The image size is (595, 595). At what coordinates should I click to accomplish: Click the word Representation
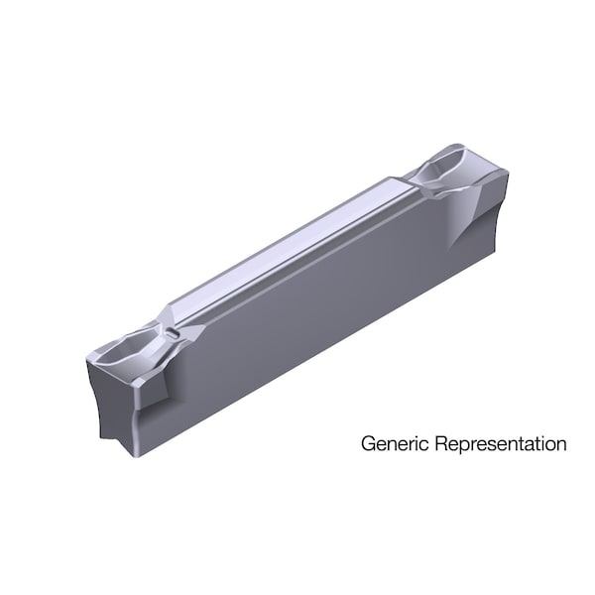click(x=496, y=444)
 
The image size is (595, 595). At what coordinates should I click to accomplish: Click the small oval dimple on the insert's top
click(x=176, y=334)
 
